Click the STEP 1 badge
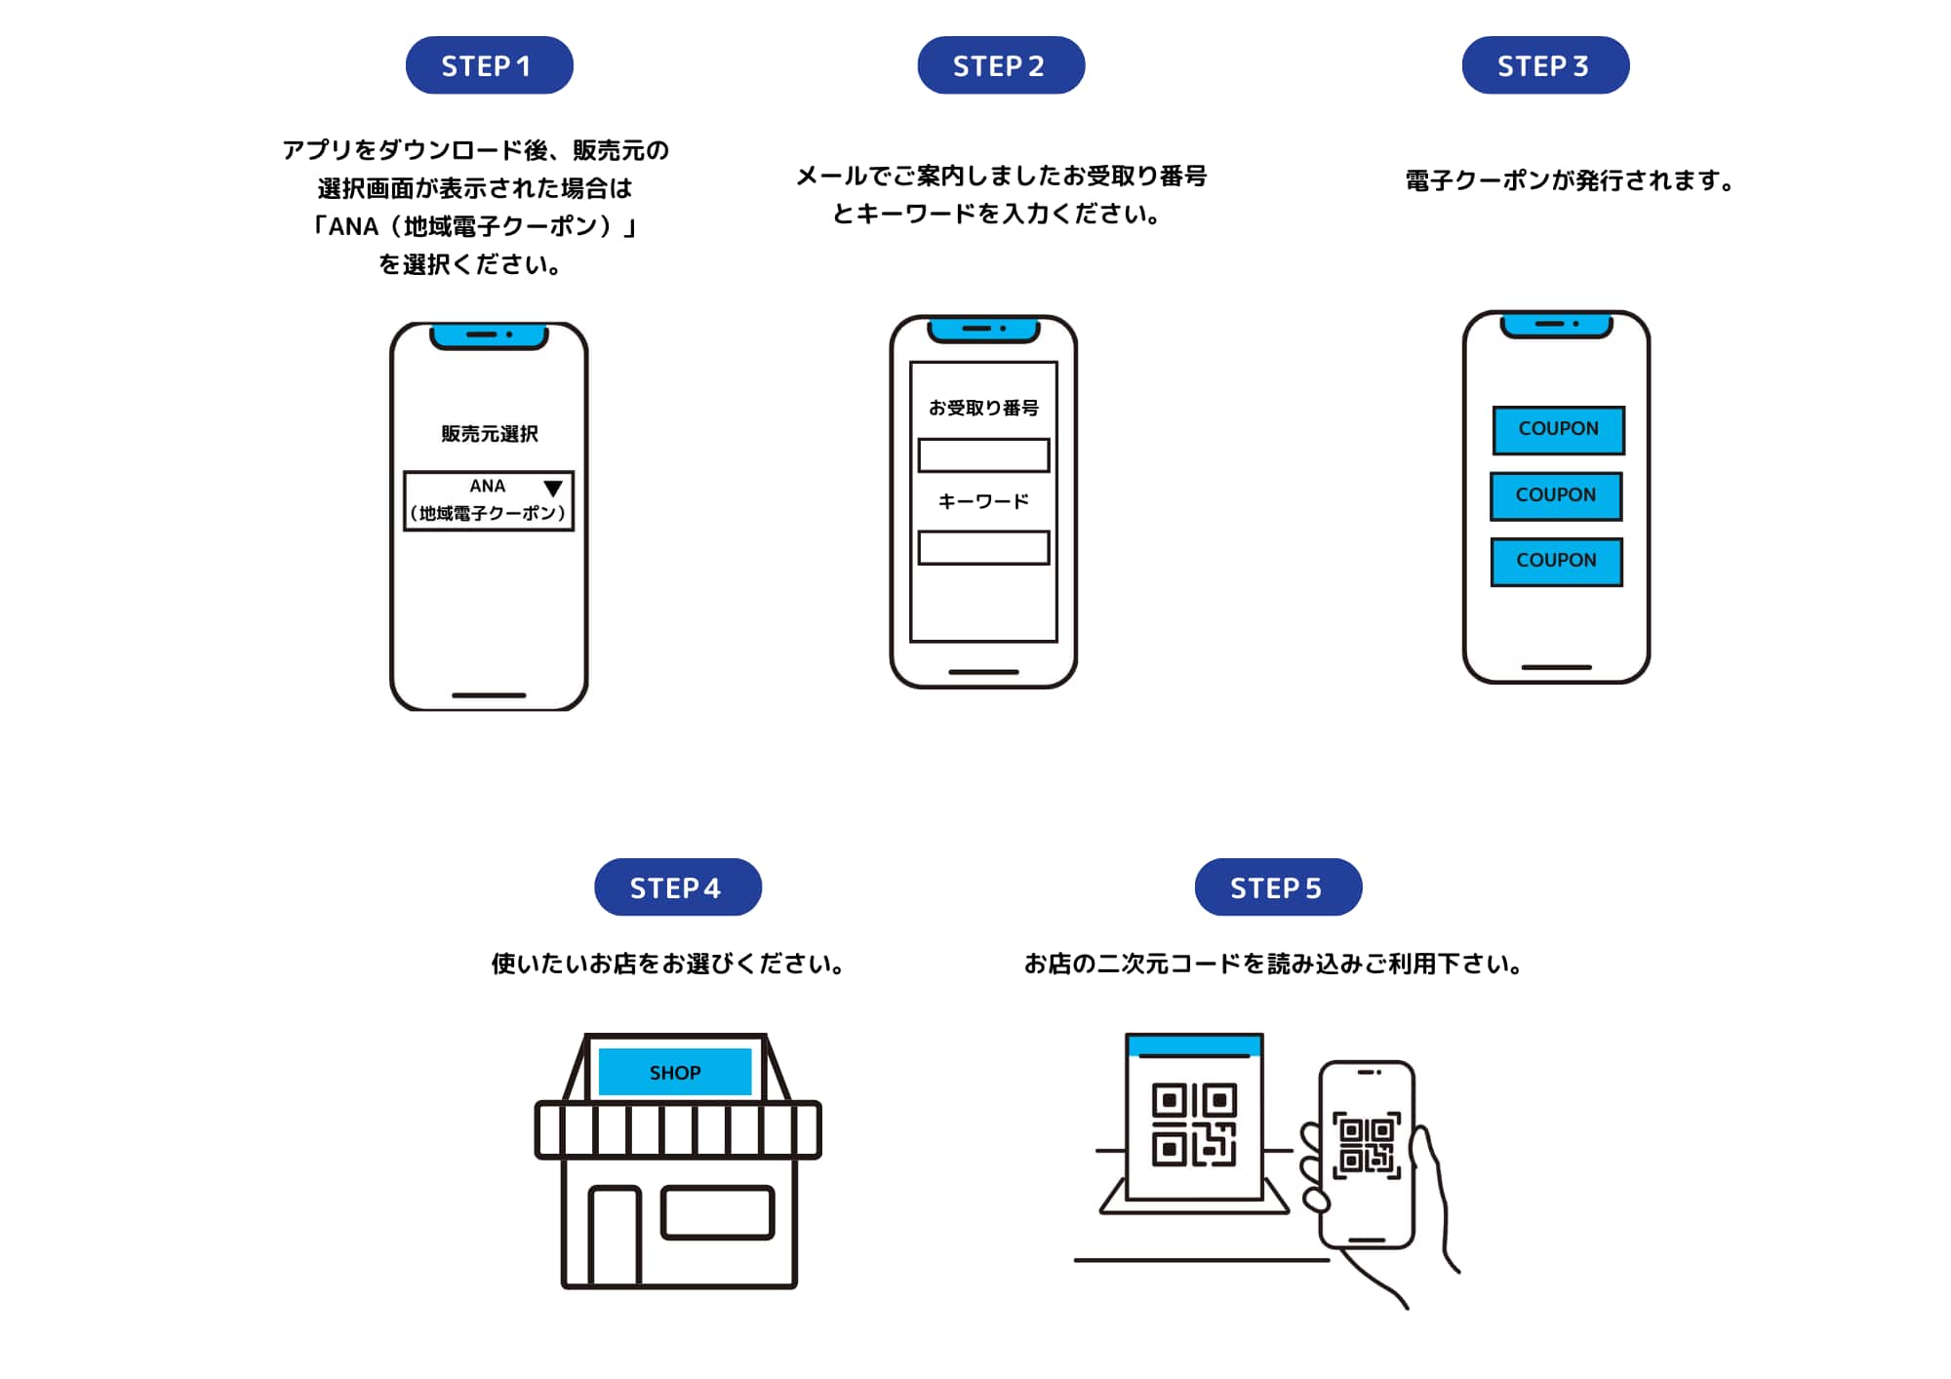pyautogui.click(x=489, y=65)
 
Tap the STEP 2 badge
pyautogui.click(x=1000, y=65)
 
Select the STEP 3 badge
pyautogui.click(x=1544, y=65)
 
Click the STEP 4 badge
pyautogui.click(x=677, y=886)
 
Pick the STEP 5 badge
pyautogui.click(x=1277, y=886)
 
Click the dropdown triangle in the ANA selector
pyautogui.click(x=553, y=488)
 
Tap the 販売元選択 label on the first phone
pyautogui.click(x=489, y=434)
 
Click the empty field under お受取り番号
pyautogui.click(x=983, y=455)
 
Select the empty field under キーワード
pyautogui.click(x=983, y=547)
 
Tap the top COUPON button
pyautogui.click(x=1558, y=430)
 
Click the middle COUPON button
pyautogui.click(x=1556, y=495)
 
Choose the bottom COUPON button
pyautogui.click(x=1556, y=561)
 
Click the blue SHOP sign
pyautogui.click(x=674, y=1072)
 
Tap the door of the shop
pyautogui.click(x=615, y=1237)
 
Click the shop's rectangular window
pyautogui.click(x=717, y=1212)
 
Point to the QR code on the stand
pyautogui.click(x=1194, y=1124)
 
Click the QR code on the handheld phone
pyautogui.click(x=1367, y=1145)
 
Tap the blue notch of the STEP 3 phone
pyautogui.click(x=1556, y=325)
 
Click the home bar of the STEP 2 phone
pyautogui.click(x=983, y=672)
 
